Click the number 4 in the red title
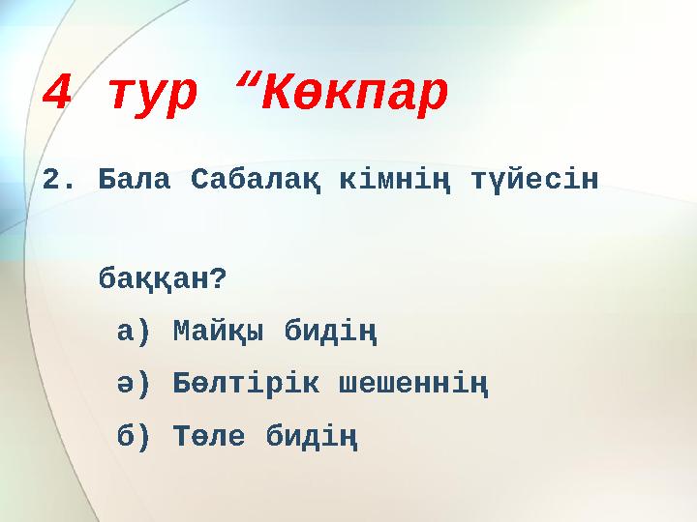58,93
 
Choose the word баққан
153,280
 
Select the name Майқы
219,334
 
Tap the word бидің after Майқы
331,334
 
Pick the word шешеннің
413,387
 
